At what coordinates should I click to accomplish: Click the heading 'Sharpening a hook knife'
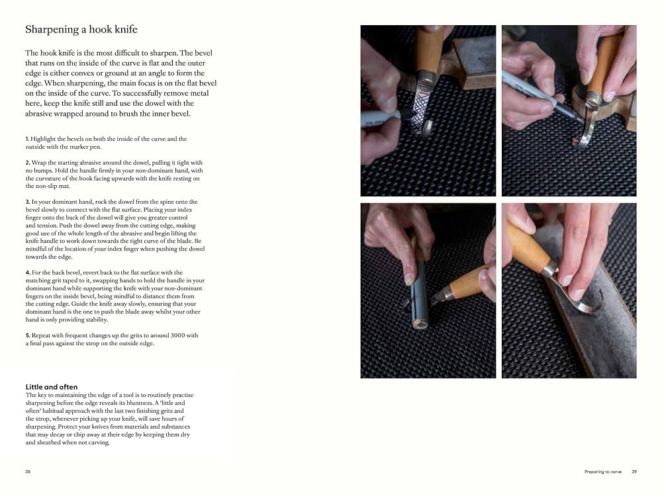point(81,30)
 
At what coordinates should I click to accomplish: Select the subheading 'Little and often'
point(51,387)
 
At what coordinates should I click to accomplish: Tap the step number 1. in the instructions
point(27,139)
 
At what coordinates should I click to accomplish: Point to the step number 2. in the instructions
point(27,163)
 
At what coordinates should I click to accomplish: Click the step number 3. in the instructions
point(27,202)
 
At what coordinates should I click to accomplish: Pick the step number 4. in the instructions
point(27,272)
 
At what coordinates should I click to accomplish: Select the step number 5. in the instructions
point(27,335)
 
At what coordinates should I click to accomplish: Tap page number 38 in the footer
point(28,472)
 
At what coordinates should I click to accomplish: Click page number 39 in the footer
point(634,472)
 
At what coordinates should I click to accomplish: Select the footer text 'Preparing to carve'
point(603,472)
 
